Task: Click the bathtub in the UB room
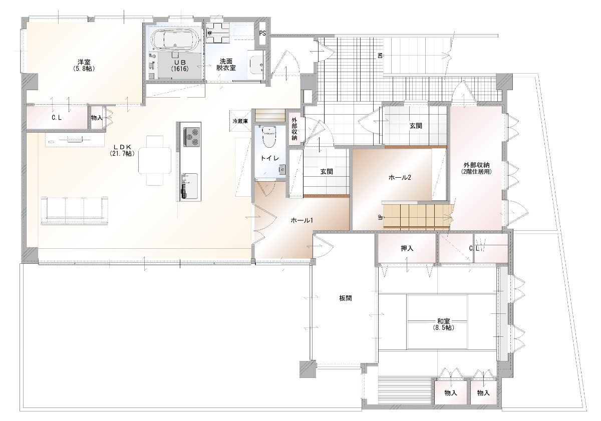click(x=175, y=40)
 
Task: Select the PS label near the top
click(x=262, y=34)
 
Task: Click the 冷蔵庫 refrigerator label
click(x=240, y=121)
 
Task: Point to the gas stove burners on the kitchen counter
click(x=191, y=137)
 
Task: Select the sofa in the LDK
click(x=75, y=210)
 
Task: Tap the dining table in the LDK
click(x=155, y=160)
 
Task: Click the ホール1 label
click(x=302, y=220)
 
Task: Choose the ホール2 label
click(x=400, y=178)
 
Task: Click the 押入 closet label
click(x=407, y=249)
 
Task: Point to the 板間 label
click(x=345, y=298)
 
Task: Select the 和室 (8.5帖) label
click(x=444, y=324)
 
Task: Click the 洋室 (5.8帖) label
click(x=84, y=65)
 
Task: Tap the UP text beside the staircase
click(x=380, y=217)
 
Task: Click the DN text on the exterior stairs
click(x=380, y=56)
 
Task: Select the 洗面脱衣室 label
click(x=226, y=65)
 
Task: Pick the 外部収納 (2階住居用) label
click(x=476, y=168)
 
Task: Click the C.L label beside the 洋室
click(x=57, y=118)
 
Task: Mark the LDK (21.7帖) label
click(x=122, y=150)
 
